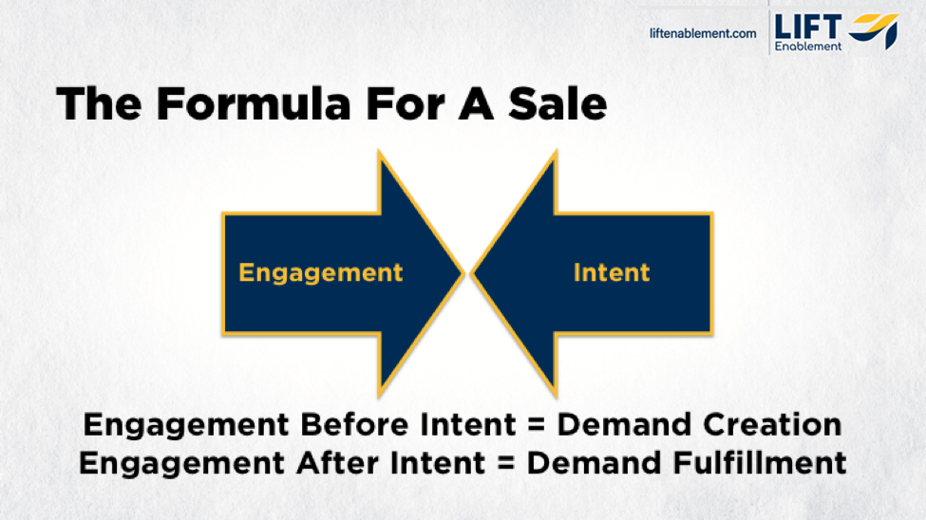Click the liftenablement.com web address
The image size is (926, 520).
[703, 33]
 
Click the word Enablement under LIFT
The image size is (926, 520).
[808, 46]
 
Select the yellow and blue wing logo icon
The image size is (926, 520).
[874, 31]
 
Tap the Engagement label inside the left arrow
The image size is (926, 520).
[321, 273]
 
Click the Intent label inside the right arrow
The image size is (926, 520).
[612, 273]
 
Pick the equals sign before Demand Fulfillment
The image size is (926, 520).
[507, 464]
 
